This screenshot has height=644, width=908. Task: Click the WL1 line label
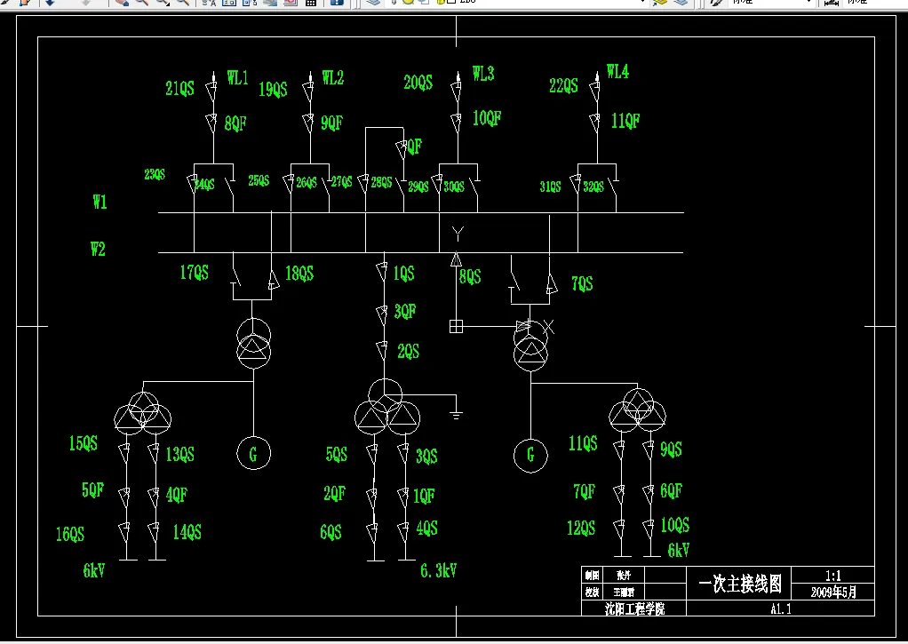237,78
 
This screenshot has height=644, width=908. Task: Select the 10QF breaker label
487,118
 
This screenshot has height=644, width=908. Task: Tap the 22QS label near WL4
563,86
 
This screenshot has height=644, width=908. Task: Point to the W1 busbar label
100,203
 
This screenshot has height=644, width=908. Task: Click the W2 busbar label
98,250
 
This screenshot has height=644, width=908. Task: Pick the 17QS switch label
194,273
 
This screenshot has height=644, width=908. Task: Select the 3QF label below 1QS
405,311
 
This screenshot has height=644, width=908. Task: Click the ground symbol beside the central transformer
455,412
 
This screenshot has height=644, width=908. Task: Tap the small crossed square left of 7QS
456,326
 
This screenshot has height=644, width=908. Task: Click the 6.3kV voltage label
439,570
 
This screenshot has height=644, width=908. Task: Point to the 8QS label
470,277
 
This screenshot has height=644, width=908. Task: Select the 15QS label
84,443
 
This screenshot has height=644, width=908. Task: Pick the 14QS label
187,532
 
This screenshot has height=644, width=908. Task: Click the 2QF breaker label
334,494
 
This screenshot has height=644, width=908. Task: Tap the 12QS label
581,529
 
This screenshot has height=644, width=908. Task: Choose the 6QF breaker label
671,490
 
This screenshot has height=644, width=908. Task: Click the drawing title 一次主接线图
740,584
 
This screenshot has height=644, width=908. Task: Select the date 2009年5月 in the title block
834,592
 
